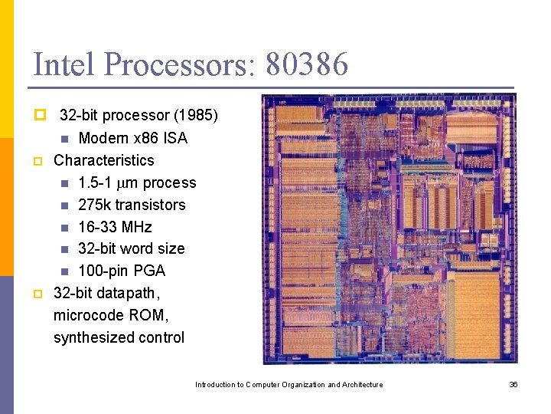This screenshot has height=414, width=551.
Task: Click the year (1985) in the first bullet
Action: [196, 116]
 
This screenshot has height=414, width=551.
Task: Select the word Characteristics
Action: [103, 160]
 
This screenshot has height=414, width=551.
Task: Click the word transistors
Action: [150, 205]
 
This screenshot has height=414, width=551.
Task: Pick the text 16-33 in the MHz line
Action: [97, 227]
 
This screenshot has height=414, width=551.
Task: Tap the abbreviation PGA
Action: [148, 271]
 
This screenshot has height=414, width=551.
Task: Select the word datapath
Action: [128, 293]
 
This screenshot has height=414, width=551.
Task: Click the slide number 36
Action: [514, 384]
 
